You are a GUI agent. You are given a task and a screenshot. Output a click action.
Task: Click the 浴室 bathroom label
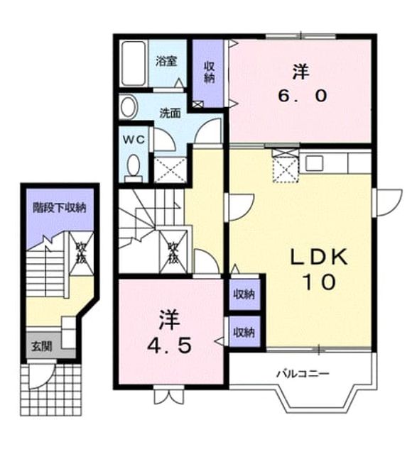pos(166,62)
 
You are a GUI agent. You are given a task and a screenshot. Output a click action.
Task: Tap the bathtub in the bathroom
pos(133,63)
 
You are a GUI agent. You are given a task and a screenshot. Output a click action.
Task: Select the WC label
pos(134,140)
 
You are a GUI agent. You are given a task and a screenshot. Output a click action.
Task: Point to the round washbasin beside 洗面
pos(128,107)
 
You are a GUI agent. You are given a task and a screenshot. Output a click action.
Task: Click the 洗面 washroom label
pos(170,113)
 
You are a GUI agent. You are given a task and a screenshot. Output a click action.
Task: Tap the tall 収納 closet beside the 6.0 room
pos(209,73)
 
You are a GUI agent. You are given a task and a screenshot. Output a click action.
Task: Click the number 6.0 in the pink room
pos(303,96)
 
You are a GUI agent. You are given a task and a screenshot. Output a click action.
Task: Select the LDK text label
pos(319,257)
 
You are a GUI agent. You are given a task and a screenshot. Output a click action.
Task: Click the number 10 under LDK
pos(319,282)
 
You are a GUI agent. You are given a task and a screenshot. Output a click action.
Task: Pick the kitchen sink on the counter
pos(314,162)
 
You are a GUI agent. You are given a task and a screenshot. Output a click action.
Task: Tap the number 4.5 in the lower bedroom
pos(169,345)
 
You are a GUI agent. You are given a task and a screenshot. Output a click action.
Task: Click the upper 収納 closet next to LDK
pos(244,294)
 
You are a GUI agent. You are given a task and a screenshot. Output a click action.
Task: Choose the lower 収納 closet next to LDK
pos(244,332)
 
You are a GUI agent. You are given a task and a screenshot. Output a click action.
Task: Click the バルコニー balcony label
pos(303,374)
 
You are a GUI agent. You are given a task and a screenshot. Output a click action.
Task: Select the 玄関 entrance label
pos(42,346)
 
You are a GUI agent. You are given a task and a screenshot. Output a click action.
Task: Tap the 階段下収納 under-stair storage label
pos(60,207)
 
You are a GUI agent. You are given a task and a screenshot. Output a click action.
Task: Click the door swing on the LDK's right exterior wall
pos(387,202)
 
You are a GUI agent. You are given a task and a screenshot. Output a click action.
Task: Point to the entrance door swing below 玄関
pos(41,375)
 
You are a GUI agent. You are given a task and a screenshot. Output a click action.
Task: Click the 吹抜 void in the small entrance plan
pos(82,253)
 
